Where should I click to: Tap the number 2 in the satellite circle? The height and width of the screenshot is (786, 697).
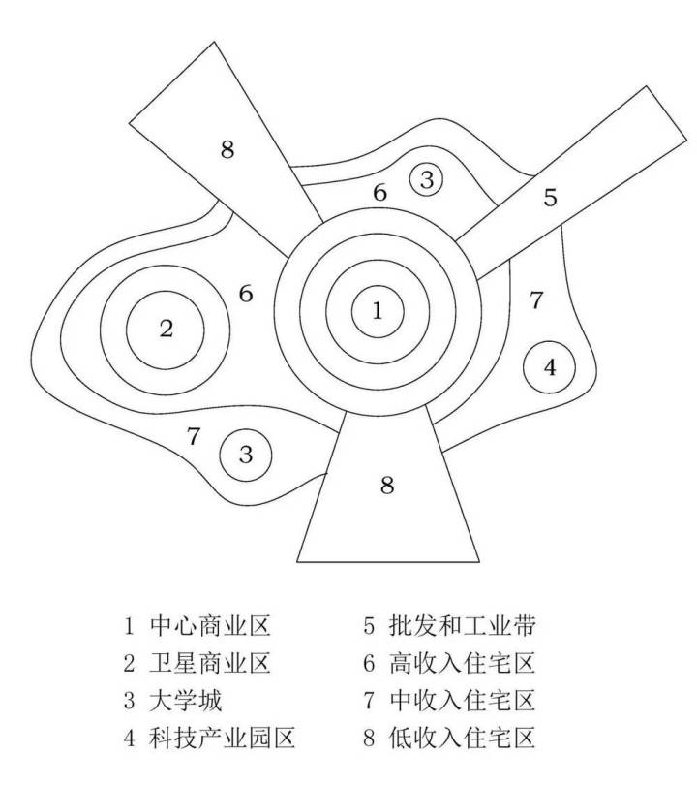pos(166,328)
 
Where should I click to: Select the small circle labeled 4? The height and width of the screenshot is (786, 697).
pos(550,367)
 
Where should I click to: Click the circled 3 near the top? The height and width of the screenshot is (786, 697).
pos(427,178)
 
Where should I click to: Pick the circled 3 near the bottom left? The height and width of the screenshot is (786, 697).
pos(246,454)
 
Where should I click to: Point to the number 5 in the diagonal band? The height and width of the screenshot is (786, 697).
pos(550,199)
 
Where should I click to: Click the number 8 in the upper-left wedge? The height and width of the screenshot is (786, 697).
pos(227,149)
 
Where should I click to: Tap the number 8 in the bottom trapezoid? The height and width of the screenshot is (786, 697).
pos(387,486)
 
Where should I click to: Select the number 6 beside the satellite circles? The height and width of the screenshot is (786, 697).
pos(246,293)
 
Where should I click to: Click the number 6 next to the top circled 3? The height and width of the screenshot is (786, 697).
pos(380,192)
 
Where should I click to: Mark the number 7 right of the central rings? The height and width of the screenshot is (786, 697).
pos(536,300)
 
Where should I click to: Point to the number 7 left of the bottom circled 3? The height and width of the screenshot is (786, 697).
pos(194,436)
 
